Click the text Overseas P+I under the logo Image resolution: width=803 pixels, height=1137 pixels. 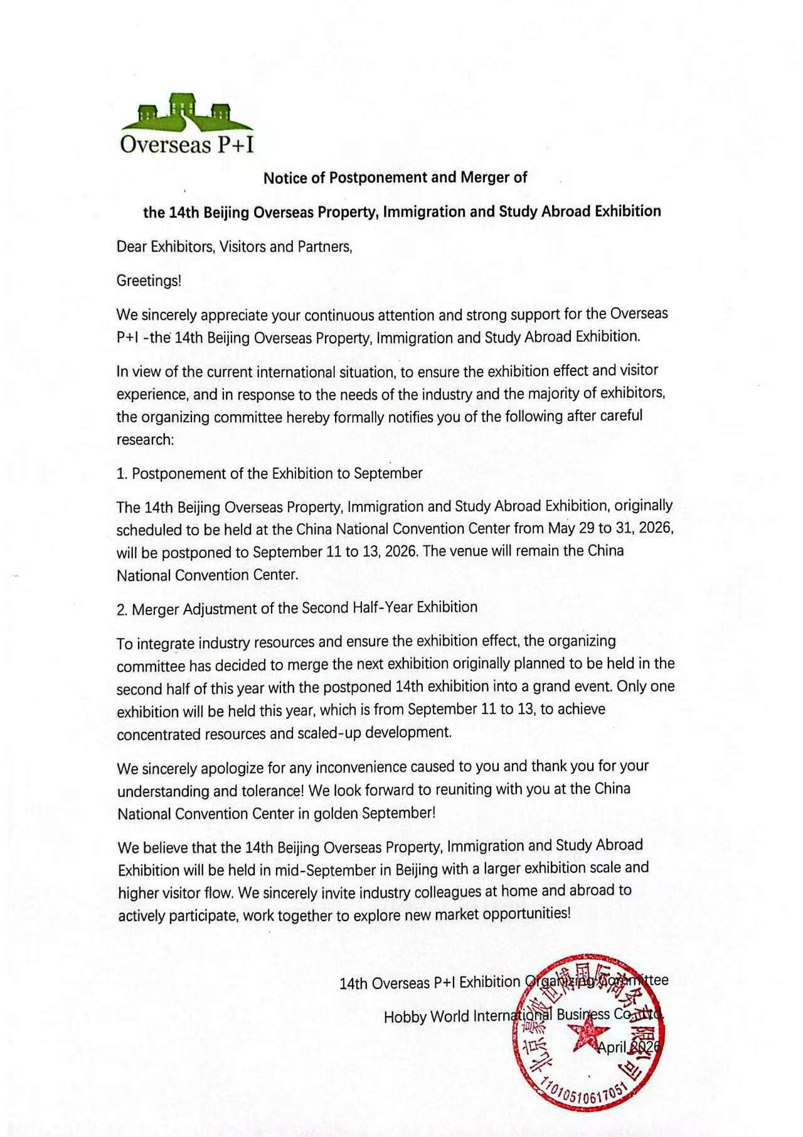(x=187, y=145)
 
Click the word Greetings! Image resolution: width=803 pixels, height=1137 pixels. (x=149, y=280)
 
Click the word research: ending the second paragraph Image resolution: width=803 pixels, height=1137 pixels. (x=145, y=439)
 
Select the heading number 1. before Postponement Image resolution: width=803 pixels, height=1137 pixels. (x=122, y=474)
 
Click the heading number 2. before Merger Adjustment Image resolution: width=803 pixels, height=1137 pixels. (x=122, y=609)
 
